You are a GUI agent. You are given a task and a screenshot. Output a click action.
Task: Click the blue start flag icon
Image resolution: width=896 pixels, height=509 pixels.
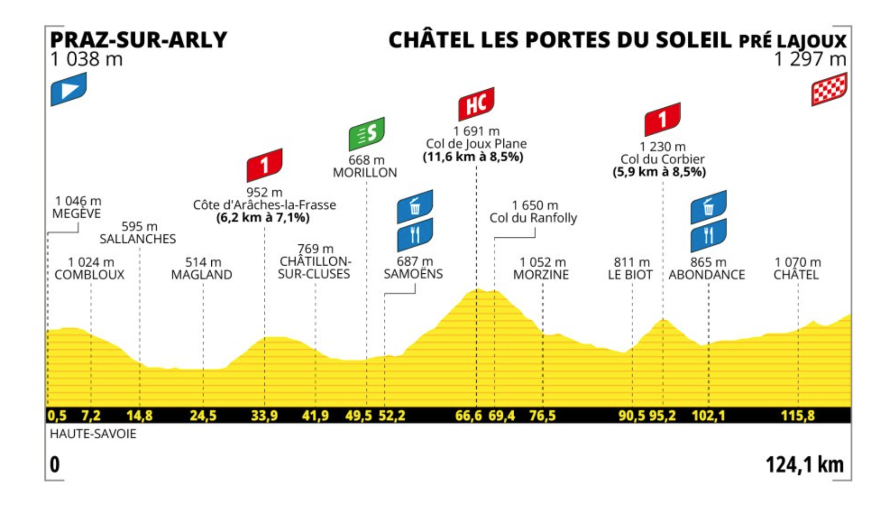pyautogui.click(x=69, y=89)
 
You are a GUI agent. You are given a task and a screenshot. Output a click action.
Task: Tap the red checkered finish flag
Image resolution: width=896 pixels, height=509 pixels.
pyautogui.click(x=829, y=89)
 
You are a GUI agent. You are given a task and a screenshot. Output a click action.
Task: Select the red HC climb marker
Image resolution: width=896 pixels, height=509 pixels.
pyautogui.click(x=476, y=104)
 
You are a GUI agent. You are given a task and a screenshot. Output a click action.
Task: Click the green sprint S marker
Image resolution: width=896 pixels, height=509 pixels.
pyautogui.click(x=366, y=134)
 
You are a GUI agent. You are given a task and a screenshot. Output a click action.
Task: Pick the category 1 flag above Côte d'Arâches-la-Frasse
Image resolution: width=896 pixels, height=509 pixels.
pyautogui.click(x=264, y=165)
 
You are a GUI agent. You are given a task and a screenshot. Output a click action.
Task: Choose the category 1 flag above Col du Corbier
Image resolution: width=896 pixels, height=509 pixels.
pyautogui.click(x=662, y=119)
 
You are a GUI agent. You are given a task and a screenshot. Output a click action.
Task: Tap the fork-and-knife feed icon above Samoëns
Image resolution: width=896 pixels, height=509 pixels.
pyautogui.click(x=415, y=235)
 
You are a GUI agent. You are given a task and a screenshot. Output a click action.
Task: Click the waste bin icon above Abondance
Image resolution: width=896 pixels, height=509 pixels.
pyautogui.click(x=708, y=207)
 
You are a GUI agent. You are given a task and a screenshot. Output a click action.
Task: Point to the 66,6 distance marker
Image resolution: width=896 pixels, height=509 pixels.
pyautogui.click(x=468, y=416)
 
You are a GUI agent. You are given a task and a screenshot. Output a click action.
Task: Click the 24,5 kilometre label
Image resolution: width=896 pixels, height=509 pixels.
pyautogui.click(x=203, y=416)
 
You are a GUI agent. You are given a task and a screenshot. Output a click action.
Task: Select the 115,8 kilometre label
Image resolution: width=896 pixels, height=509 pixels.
pyautogui.click(x=798, y=416)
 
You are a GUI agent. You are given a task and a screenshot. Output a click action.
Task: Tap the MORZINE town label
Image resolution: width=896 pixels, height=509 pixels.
pyautogui.click(x=541, y=275)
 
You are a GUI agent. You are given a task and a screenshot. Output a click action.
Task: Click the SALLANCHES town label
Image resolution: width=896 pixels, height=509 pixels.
pyautogui.click(x=138, y=239)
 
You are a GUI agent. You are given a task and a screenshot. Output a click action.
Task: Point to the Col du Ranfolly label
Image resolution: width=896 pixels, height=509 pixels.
pyautogui.click(x=533, y=218)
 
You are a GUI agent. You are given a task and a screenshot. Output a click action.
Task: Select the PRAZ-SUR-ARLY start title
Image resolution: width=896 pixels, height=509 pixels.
pyautogui.click(x=139, y=40)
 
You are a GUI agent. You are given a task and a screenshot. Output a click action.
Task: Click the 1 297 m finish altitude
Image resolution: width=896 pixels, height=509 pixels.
pyautogui.click(x=810, y=59)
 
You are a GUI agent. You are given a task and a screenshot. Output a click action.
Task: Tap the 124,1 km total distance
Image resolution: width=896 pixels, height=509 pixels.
pyautogui.click(x=804, y=465)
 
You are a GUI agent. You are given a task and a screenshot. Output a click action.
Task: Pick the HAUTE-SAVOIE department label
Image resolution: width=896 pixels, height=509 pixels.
pyautogui.click(x=93, y=434)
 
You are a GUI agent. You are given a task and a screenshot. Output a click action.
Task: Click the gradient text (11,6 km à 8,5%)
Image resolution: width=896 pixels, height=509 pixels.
pyautogui.click(x=473, y=157)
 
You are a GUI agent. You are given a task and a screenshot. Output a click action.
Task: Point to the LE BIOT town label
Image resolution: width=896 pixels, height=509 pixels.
pyautogui.click(x=630, y=275)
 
